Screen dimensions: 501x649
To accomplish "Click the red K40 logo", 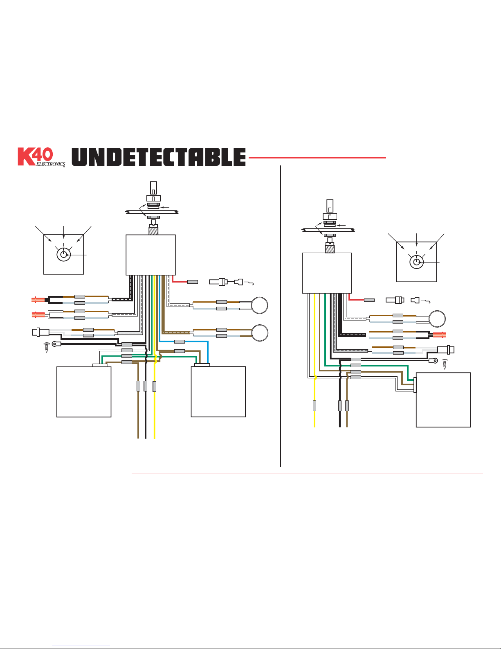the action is point(35,156).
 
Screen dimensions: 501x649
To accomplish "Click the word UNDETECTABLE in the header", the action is point(159,157).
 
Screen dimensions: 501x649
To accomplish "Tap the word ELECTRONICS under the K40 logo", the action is point(50,164).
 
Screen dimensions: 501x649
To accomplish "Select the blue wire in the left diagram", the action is point(184,341).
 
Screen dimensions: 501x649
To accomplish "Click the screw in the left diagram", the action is point(47,347).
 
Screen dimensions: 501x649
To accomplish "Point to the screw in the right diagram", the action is point(445,364).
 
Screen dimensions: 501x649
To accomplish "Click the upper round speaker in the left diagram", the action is point(259,305).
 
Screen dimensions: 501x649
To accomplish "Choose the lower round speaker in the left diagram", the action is point(259,333).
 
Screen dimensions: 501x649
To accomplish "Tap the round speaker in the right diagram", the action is point(437,319).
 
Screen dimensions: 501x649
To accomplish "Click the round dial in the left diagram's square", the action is point(63,254).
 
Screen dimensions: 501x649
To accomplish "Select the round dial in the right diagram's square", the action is point(416,262).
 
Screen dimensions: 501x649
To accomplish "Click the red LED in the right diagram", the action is point(440,335).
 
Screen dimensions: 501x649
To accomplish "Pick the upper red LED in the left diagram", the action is point(38,300).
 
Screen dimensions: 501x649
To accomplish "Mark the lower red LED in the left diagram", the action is point(38,314).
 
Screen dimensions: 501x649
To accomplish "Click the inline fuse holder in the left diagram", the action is point(218,282).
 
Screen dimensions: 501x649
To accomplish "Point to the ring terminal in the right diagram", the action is point(433,361).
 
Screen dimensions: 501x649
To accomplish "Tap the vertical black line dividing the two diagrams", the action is point(281,316).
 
